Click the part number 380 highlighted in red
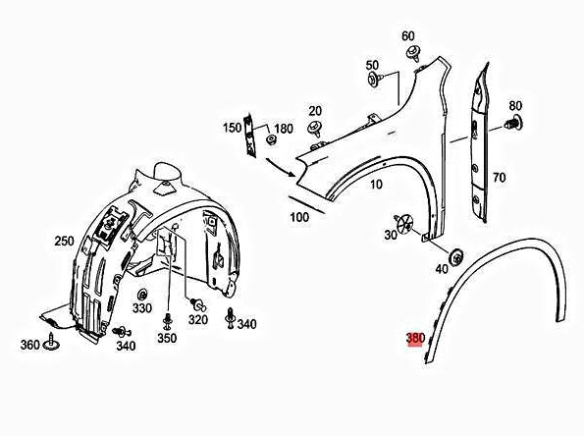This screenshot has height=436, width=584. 415,338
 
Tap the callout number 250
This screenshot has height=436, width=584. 64,242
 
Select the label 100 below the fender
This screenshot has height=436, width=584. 299,217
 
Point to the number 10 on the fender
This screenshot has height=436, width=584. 376,184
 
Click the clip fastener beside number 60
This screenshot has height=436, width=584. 413,53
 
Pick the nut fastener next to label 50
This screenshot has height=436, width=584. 375,80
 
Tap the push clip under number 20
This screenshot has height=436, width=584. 315,129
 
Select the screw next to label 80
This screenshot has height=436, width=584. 513,123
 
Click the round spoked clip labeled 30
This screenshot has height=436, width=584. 404,223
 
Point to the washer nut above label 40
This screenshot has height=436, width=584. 455,257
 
